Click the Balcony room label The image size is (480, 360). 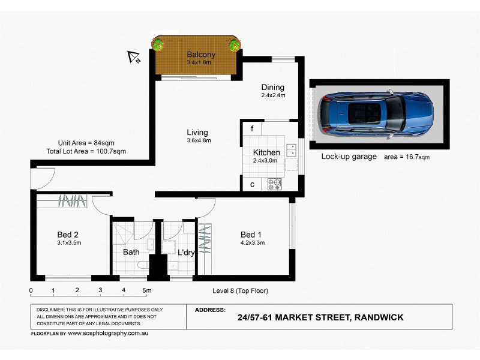click(x=200, y=55)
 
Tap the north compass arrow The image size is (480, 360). click(x=134, y=57)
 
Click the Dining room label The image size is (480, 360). click(x=272, y=88)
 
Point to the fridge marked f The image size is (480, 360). click(x=252, y=129)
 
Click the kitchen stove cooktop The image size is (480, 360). click(x=275, y=184)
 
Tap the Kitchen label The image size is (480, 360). click(x=266, y=152)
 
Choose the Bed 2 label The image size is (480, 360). click(x=68, y=235)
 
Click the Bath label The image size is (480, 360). click(x=131, y=253)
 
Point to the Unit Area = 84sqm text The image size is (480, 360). click(x=86, y=143)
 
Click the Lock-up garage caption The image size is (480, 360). click(x=349, y=157)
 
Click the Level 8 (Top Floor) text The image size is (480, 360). click(x=240, y=291)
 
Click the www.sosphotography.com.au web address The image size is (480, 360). click(x=107, y=332)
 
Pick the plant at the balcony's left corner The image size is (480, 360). click(x=158, y=44)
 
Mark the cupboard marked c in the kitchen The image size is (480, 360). click(x=252, y=184)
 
